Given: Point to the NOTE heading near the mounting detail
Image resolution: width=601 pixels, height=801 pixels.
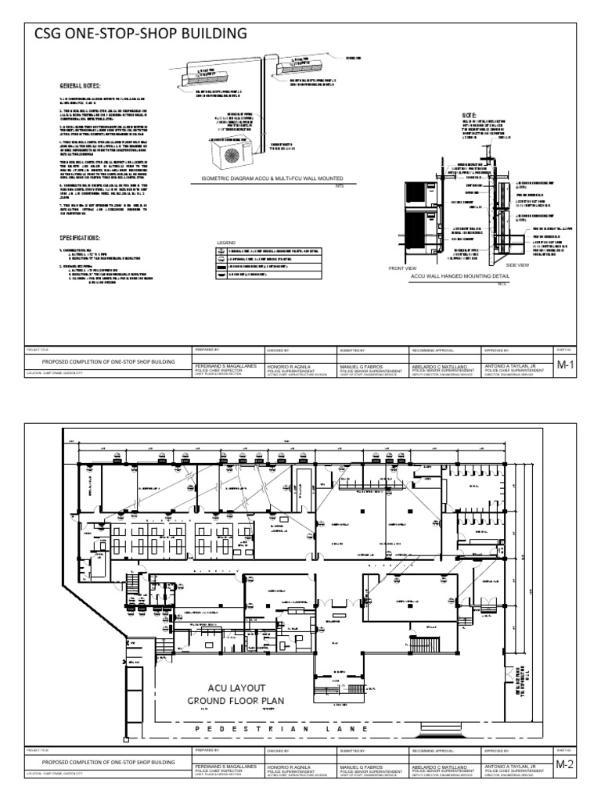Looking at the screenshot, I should click(x=470, y=115).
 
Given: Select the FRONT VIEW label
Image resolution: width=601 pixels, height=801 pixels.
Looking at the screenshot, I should click(x=401, y=268).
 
